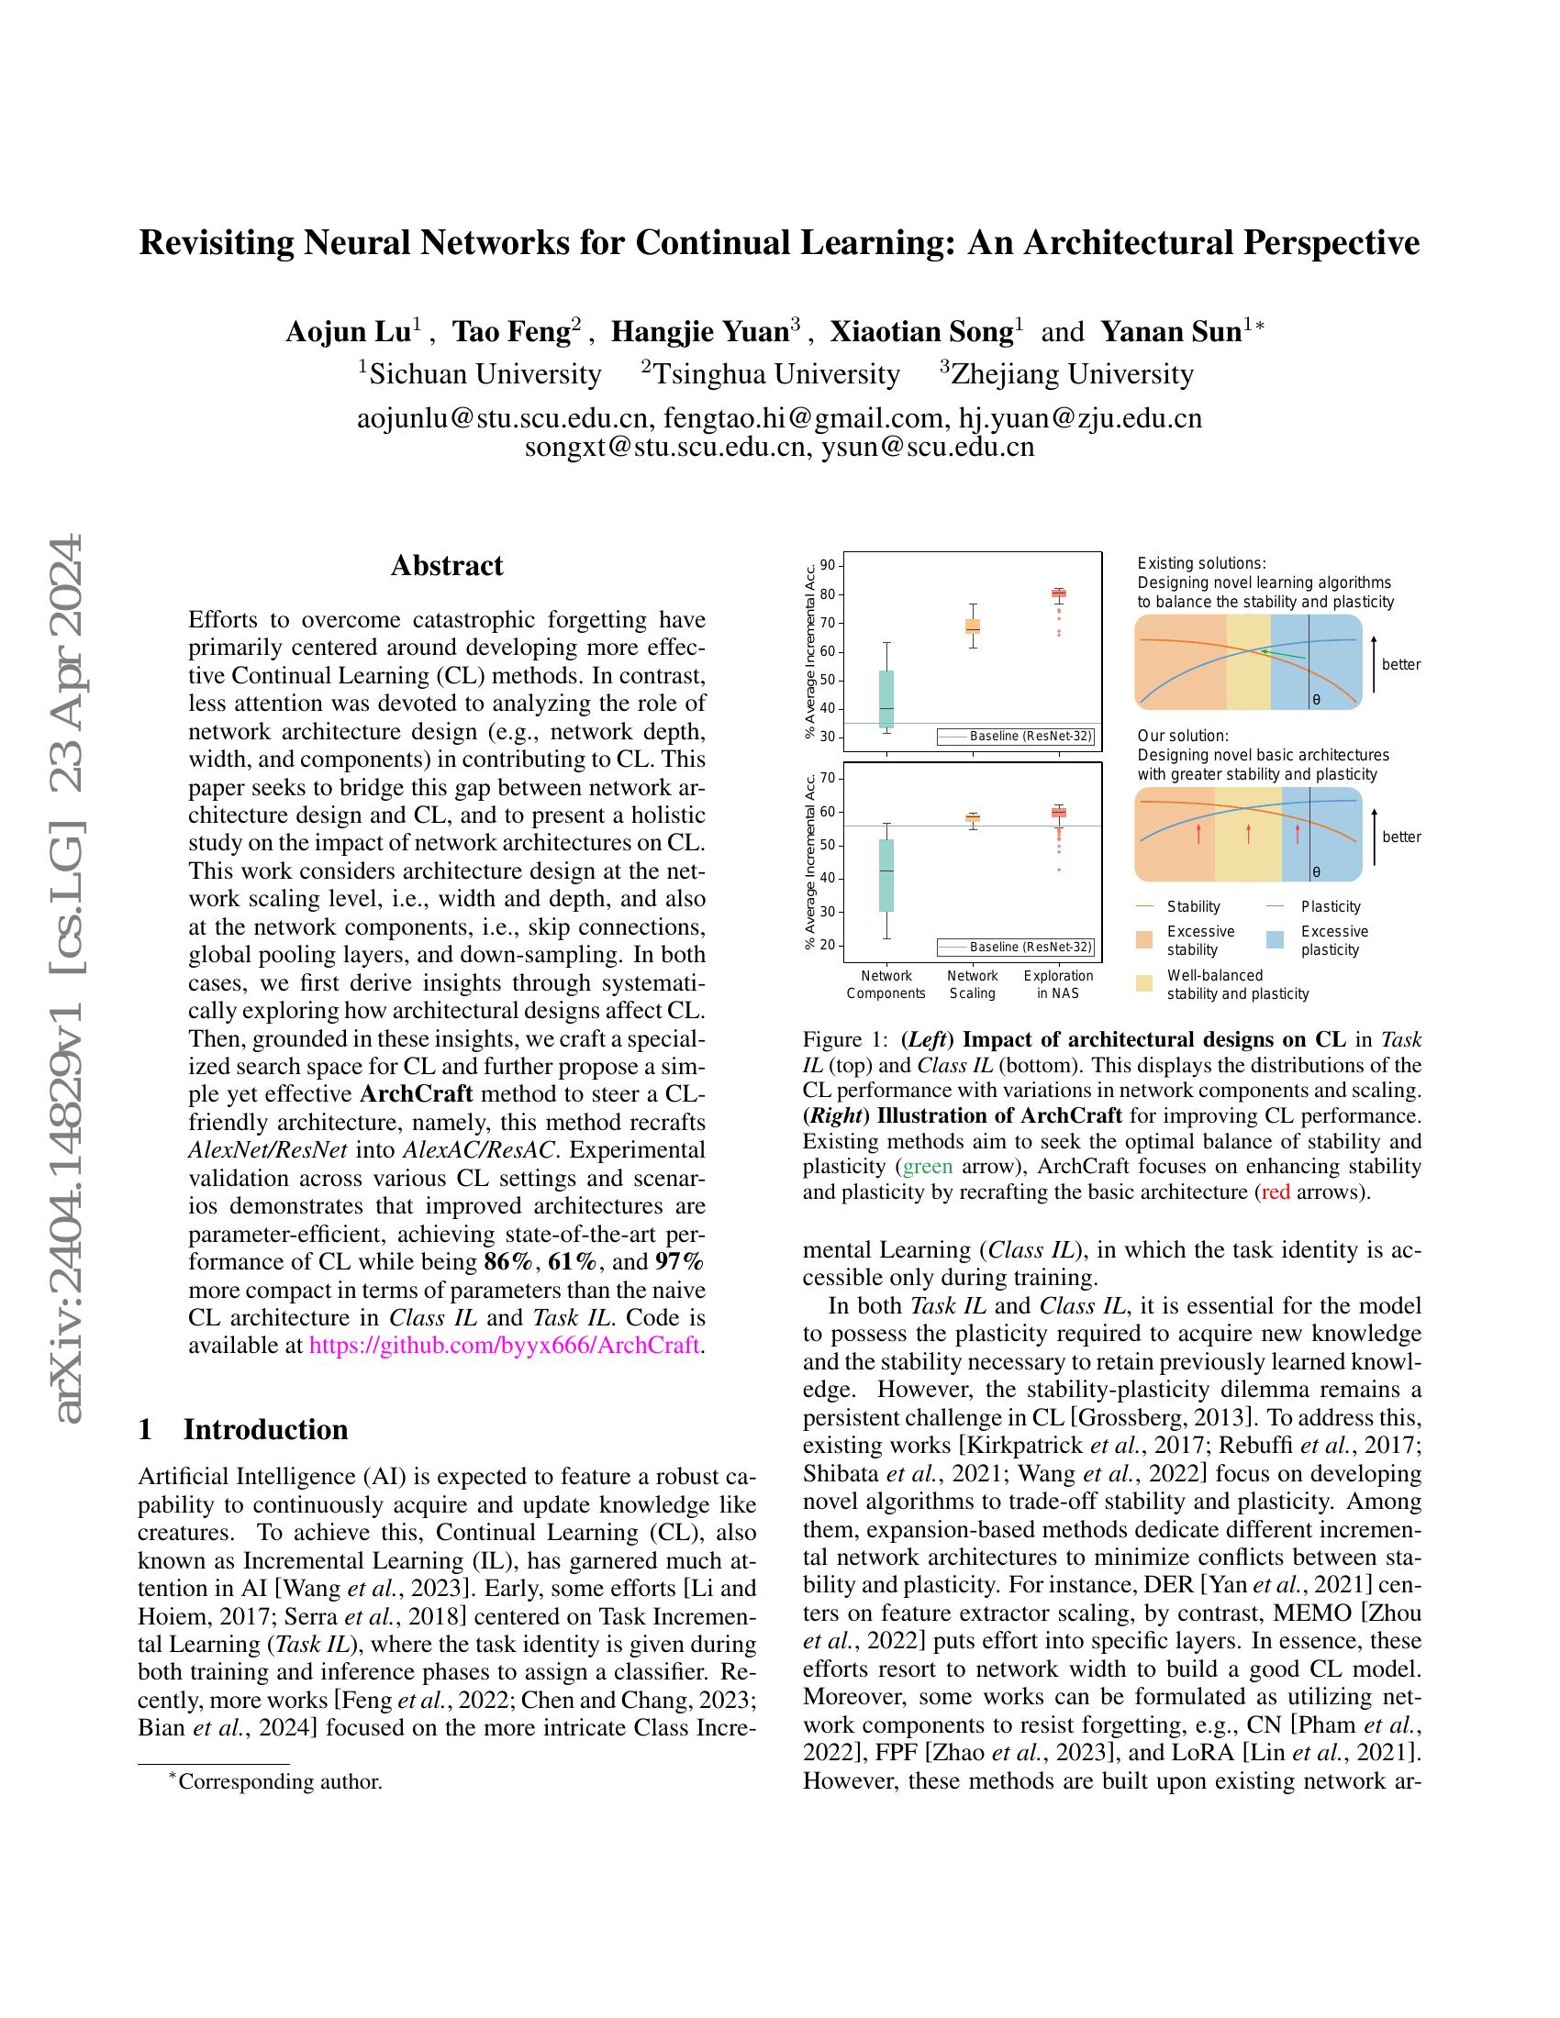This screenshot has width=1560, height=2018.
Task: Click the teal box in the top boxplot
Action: pos(886,699)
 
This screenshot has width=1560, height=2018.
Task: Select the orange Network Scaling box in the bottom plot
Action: pos(972,817)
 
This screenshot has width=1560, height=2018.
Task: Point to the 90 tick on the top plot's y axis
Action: pos(827,565)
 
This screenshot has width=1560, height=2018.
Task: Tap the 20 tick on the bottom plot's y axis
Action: pos(827,945)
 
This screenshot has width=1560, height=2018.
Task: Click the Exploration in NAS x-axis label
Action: pos(1058,984)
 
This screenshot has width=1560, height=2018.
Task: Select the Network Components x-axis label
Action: pos(886,984)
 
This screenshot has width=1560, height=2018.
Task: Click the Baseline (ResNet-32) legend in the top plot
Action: pos(1016,737)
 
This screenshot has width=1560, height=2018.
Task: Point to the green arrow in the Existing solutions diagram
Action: pos(1283,654)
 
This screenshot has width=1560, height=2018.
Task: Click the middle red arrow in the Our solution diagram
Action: pos(1249,833)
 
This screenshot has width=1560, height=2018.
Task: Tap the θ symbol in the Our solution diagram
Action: pos(1316,871)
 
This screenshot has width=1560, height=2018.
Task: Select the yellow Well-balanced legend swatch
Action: pos(1145,983)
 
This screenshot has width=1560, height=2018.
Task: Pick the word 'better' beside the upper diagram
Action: pos(1401,664)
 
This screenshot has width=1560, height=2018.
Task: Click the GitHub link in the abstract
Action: pos(504,1345)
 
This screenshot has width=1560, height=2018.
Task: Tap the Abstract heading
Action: pos(446,565)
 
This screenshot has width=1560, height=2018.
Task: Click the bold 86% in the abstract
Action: pos(509,1261)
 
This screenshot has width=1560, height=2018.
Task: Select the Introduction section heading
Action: pos(265,1429)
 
